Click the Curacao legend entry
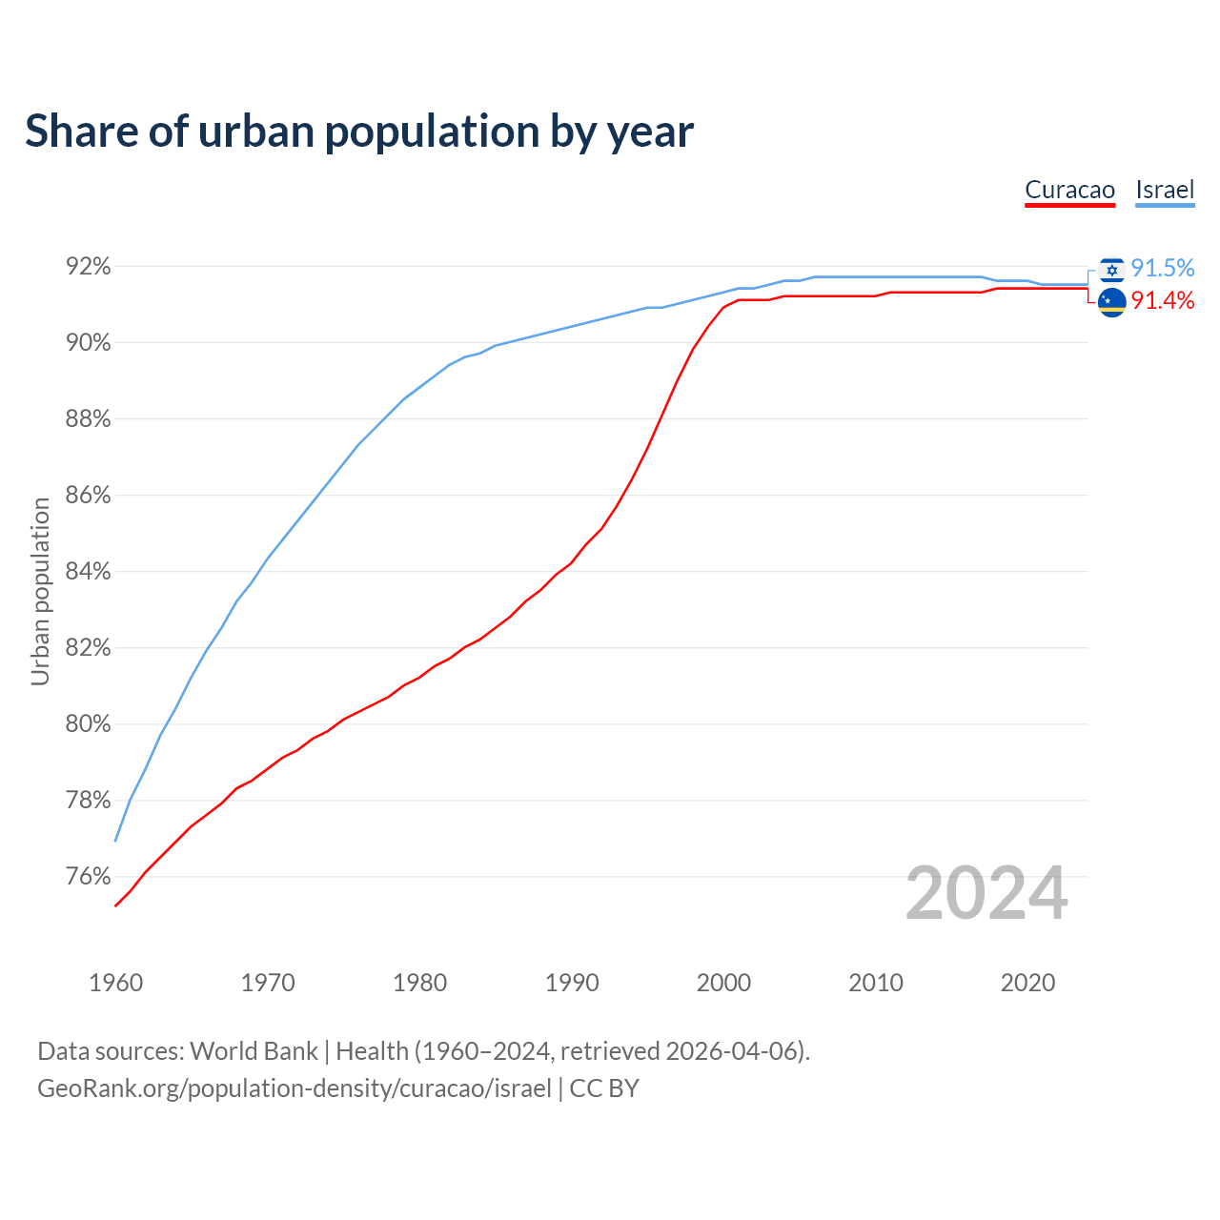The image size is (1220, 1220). point(1069,190)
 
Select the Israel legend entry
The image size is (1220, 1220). point(1165,190)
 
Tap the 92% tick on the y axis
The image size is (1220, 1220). point(88,267)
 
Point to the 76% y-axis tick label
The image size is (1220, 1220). point(88,877)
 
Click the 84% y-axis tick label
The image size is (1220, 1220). point(88,572)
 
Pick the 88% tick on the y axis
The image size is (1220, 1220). point(88,419)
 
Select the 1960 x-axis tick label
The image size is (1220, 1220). point(116,983)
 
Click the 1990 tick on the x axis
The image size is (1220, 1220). point(572,983)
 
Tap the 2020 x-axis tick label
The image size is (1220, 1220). point(1027,983)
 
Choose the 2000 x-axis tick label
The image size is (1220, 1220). point(724,983)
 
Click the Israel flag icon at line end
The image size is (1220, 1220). point(1111,270)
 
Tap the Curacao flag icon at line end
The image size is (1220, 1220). point(1111,303)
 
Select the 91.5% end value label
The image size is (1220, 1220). point(1163,269)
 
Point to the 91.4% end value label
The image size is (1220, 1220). point(1163,301)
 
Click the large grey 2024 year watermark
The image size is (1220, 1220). point(986,894)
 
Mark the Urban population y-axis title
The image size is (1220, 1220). point(40,591)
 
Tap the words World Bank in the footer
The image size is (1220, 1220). point(254,1051)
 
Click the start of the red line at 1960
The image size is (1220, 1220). point(116,905)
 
